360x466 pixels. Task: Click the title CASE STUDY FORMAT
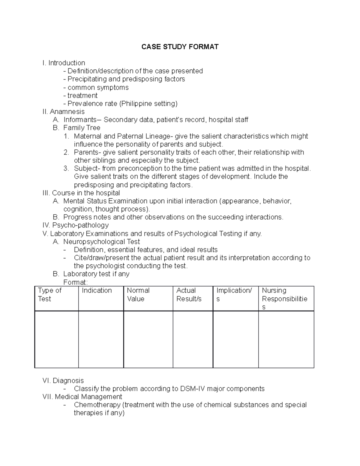(x=180, y=47)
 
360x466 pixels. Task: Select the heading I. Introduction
(x=64, y=63)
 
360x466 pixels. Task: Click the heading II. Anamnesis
(x=64, y=112)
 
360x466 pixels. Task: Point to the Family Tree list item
(x=82, y=128)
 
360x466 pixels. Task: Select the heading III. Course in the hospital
(x=82, y=193)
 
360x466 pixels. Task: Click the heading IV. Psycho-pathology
(x=76, y=225)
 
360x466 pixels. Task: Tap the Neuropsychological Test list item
(x=101, y=242)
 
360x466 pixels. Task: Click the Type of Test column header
(x=50, y=295)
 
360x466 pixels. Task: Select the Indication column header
(x=97, y=290)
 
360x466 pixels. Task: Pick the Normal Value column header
(x=138, y=295)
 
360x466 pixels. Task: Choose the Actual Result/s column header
(x=189, y=295)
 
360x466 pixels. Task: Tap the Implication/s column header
(x=234, y=295)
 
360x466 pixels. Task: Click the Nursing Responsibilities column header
(x=284, y=299)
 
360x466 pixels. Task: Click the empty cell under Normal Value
(x=148, y=339)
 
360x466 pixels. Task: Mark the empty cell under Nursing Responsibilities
(x=286, y=339)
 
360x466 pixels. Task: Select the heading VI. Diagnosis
(x=63, y=381)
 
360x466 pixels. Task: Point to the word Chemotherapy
(x=97, y=405)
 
